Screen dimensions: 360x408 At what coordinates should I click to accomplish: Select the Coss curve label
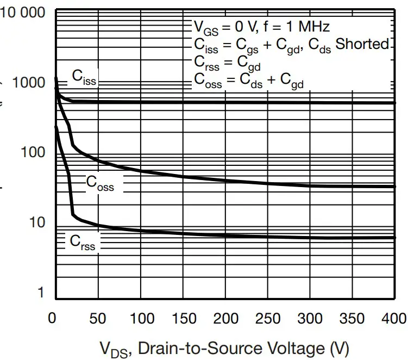pyautogui.click(x=100, y=183)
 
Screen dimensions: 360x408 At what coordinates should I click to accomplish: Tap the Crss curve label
pyautogui.click(x=82, y=243)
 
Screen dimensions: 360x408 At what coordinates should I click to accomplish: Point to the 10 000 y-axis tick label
pyautogui.click(x=23, y=12)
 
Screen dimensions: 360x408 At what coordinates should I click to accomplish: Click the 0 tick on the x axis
pyautogui.click(x=52, y=319)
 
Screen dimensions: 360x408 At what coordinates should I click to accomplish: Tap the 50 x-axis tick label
pyautogui.click(x=98, y=319)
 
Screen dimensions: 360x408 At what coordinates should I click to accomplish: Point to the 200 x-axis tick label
pyautogui.click(x=225, y=319)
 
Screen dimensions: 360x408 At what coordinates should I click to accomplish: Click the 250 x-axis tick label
pyautogui.click(x=268, y=319)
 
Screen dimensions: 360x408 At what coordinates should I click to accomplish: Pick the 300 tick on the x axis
pyautogui.click(x=310, y=319)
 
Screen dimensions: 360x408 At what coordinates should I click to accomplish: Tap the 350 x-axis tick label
pyautogui.click(x=353, y=319)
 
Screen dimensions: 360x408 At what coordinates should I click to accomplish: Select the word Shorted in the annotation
pyautogui.click(x=362, y=44)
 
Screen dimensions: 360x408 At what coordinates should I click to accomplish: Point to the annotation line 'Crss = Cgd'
pyautogui.click(x=228, y=62)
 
